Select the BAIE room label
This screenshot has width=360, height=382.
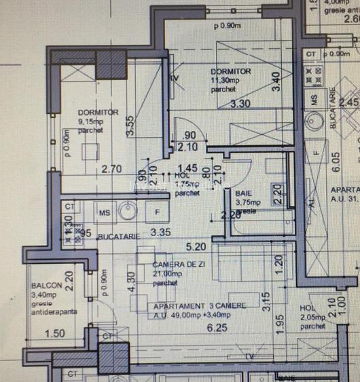243,193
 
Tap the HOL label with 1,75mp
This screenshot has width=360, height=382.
181,175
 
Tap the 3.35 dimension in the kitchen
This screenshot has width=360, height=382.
160,232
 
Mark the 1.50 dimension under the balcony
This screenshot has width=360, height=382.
56,333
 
